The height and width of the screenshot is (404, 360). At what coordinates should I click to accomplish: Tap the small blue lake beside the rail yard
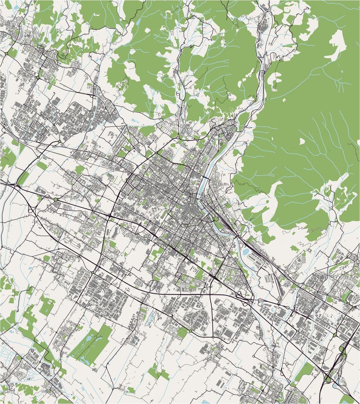[245, 252]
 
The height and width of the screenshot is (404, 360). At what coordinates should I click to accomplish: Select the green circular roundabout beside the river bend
[216, 219]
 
